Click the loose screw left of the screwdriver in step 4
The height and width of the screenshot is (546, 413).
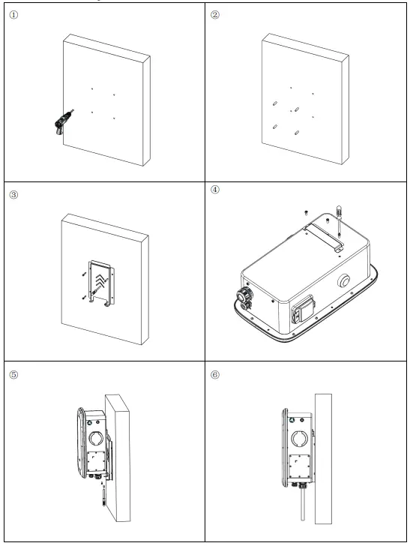[x=307, y=213]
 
